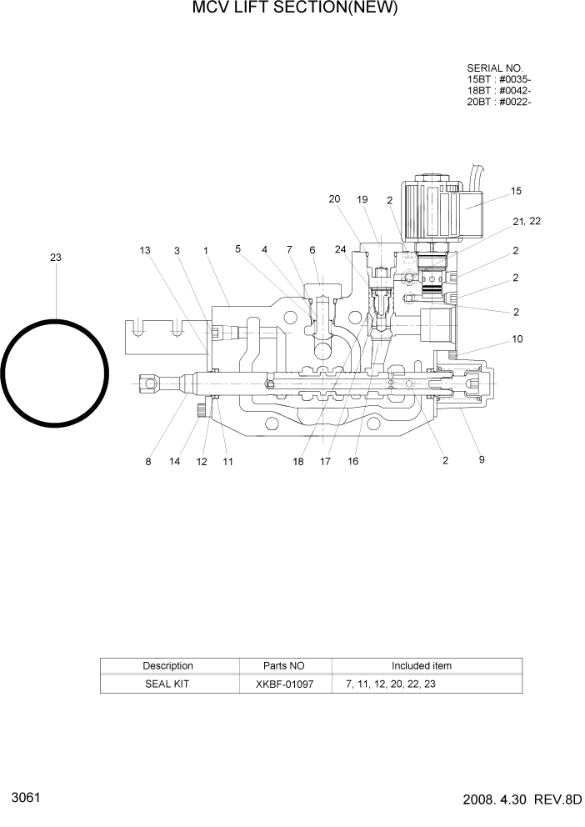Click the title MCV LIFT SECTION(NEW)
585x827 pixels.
[283, 9]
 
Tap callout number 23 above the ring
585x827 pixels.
[55, 258]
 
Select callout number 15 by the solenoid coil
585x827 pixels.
[516, 191]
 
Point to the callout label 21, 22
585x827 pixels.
[527, 221]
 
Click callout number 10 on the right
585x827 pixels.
[516, 338]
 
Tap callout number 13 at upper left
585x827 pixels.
[145, 250]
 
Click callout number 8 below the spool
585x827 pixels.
[148, 462]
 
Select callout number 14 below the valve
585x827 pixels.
[174, 462]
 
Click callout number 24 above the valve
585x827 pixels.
[340, 249]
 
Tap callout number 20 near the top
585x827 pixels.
[334, 199]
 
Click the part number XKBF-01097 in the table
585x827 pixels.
[285, 684]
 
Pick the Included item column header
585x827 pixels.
[422, 666]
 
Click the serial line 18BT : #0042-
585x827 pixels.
[499, 91]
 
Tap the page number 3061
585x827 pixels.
[24, 798]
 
